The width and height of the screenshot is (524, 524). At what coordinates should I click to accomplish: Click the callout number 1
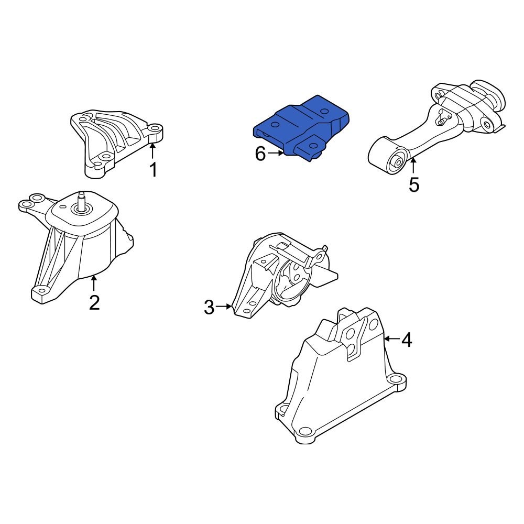(x=153, y=169)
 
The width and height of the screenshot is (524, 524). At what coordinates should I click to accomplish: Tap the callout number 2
(x=94, y=302)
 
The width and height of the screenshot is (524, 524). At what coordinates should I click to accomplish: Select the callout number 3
(x=209, y=307)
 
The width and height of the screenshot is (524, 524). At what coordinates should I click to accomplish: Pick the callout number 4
(x=407, y=341)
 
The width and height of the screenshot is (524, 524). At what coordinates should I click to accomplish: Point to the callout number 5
(x=414, y=184)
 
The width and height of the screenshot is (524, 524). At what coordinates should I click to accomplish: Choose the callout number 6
(x=260, y=154)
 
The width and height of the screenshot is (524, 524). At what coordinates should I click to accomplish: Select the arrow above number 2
(x=94, y=283)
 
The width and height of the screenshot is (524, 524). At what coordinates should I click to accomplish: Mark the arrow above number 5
(x=413, y=166)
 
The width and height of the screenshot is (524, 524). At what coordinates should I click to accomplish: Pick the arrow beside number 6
(x=276, y=154)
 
